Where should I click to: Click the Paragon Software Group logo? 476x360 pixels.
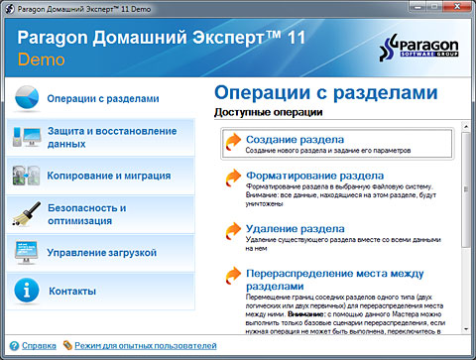pyautogui.click(x=417, y=50)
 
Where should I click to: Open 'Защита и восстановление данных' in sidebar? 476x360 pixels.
pyautogui.click(x=102, y=137)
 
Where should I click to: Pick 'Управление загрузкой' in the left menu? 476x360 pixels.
pyautogui.click(x=102, y=252)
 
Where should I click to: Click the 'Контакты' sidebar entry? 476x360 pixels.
pyautogui.click(x=71, y=291)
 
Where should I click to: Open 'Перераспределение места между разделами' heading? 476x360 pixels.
pyautogui.click(x=327, y=278)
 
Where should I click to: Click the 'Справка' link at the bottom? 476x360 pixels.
pyautogui.click(x=39, y=346)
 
